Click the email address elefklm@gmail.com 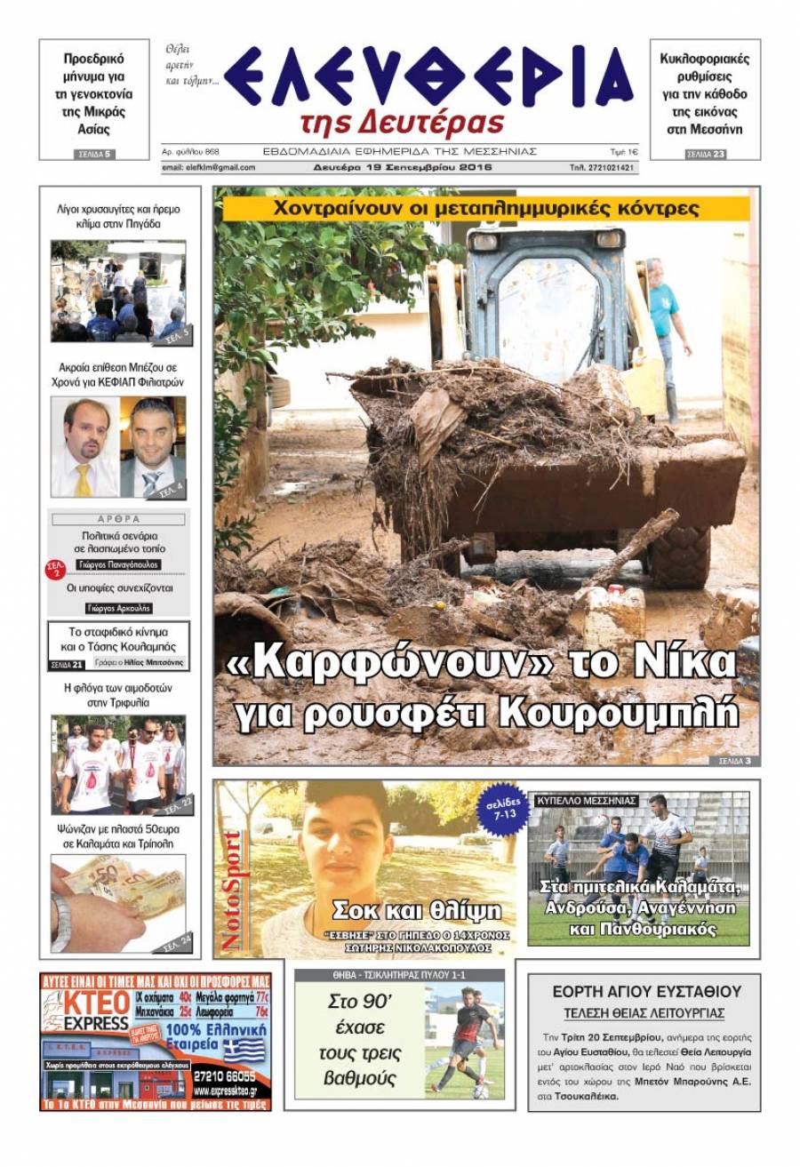(209, 167)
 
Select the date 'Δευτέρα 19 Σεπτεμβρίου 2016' (402, 167)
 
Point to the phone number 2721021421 (603, 167)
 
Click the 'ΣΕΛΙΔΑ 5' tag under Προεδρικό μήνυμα (94, 155)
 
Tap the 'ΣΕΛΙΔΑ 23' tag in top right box (706, 155)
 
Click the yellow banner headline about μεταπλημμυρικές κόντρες (486, 209)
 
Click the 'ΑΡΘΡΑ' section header (118, 518)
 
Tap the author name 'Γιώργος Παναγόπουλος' (118, 564)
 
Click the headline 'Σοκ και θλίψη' (416, 909)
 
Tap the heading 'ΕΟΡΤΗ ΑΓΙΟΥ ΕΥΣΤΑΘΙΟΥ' (645, 991)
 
